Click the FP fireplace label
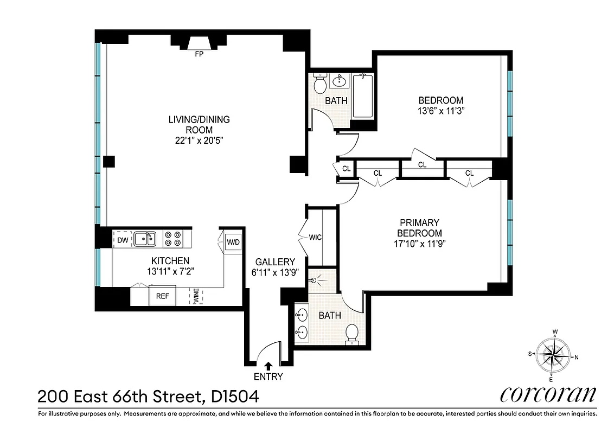point(199,54)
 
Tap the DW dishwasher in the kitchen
point(122,239)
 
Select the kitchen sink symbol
point(145,238)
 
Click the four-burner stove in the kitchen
point(172,239)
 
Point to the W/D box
point(233,241)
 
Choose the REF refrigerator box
point(162,296)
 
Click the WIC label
point(315,237)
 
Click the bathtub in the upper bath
point(363,96)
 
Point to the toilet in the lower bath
point(353,333)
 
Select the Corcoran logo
point(548,394)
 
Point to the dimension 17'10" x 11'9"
point(419,243)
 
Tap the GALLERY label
point(276,261)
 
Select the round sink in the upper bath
point(340,82)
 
